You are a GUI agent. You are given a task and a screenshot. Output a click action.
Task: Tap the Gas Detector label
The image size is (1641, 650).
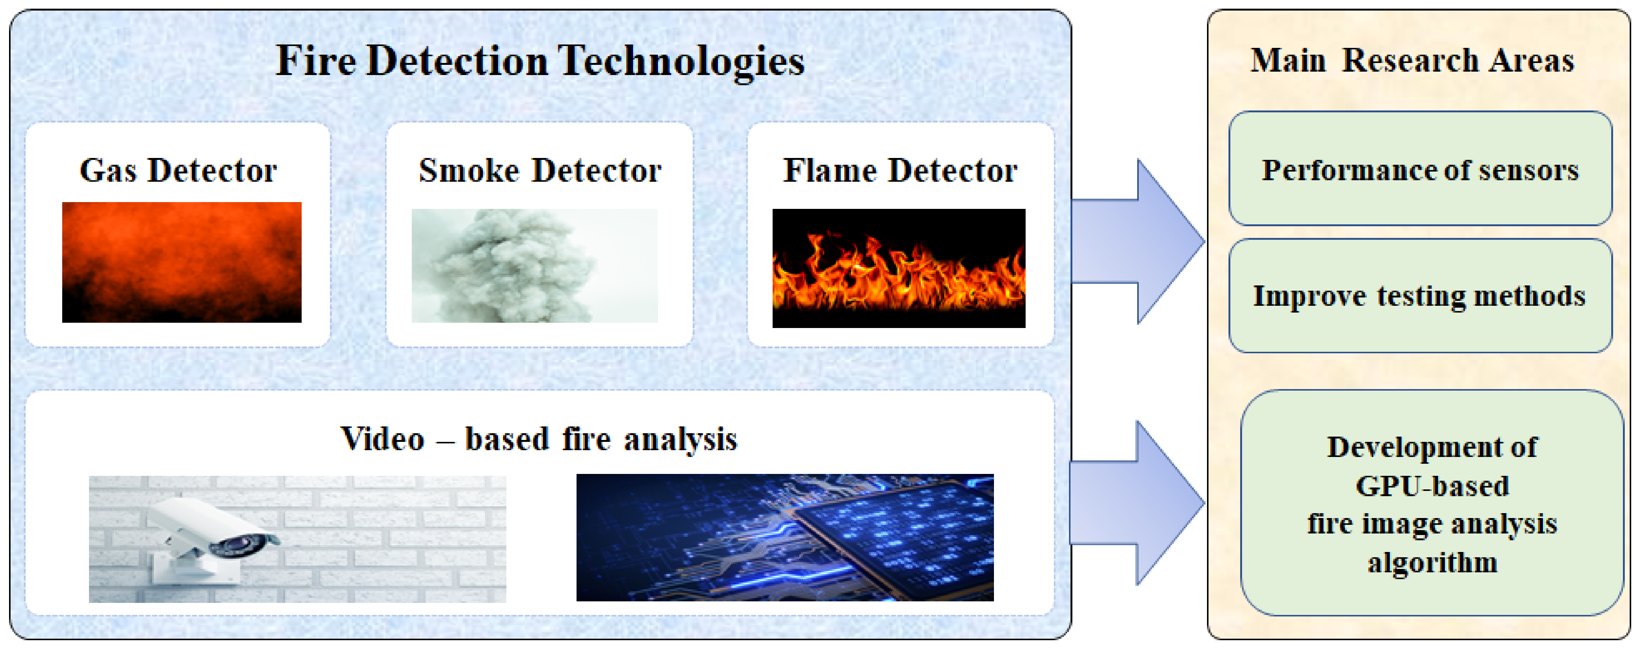tap(178, 171)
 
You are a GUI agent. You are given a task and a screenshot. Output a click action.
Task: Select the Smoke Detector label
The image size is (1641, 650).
tap(540, 171)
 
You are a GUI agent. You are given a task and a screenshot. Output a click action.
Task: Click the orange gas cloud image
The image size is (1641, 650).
tap(181, 262)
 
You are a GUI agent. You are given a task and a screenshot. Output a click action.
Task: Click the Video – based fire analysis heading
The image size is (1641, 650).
tap(539, 439)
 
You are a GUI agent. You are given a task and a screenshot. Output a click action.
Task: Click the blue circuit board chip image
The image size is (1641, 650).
tap(785, 537)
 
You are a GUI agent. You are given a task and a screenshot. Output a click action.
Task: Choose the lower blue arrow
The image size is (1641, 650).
tap(1138, 503)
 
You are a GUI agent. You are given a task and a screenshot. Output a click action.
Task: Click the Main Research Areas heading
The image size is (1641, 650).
tap(1412, 61)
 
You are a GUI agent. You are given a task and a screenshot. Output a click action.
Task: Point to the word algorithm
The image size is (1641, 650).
tap(1432, 563)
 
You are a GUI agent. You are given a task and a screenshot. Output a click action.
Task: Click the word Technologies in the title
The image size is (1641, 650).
tap(682, 61)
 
